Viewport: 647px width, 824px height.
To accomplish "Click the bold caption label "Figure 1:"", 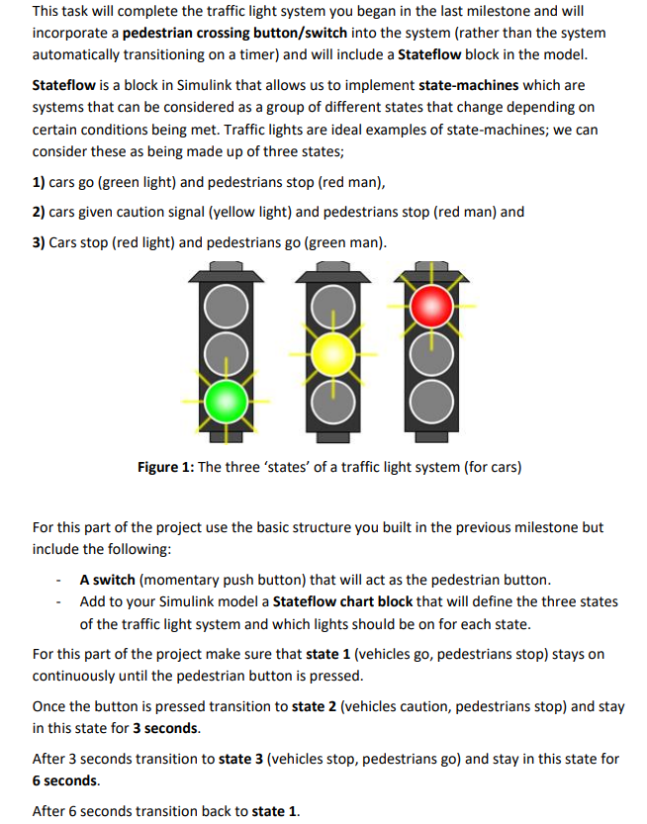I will pos(165,467).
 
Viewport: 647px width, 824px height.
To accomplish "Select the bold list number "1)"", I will pos(40,183).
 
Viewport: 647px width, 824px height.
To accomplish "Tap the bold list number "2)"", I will pos(40,213).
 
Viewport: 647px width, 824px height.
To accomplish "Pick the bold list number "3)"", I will pos(40,242).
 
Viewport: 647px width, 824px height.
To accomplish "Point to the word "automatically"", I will pos(78,54).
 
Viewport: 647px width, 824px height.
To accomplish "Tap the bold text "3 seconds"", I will pos(165,729).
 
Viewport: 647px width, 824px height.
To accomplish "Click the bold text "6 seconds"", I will pos(66,781).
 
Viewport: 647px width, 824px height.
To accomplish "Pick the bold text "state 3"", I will pos(242,760).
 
